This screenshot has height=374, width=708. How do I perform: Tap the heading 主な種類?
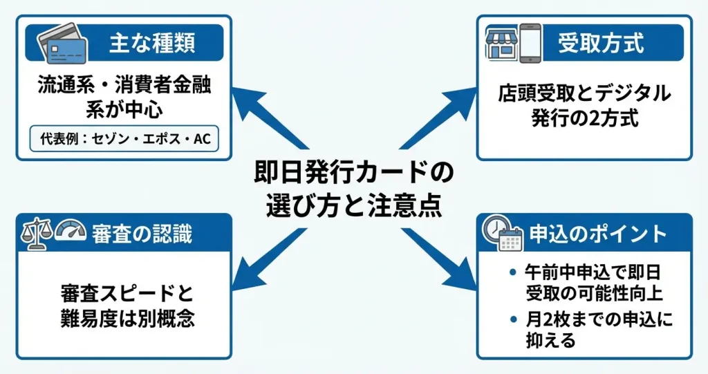[151, 44]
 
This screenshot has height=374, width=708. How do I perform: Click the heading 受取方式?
[601, 44]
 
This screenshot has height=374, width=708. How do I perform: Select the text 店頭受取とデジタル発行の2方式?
[585, 106]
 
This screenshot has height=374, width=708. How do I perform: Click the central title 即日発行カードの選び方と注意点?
[353, 189]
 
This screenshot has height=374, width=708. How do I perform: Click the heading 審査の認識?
[142, 234]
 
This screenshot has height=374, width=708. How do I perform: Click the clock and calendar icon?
[503, 234]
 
